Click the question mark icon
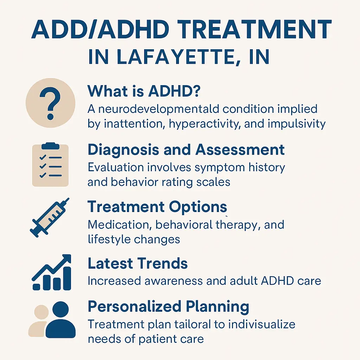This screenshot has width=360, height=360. [x=50, y=102]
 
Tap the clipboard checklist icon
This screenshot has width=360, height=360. [x=50, y=164]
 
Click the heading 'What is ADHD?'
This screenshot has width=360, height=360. [x=144, y=91]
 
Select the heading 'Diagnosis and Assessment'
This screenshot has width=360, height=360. [x=186, y=149]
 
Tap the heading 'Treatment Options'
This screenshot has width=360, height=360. [x=157, y=207]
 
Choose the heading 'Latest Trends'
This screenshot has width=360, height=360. [x=137, y=263]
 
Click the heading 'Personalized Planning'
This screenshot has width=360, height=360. [x=168, y=307]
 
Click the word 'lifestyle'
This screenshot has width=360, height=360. [x=108, y=239]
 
